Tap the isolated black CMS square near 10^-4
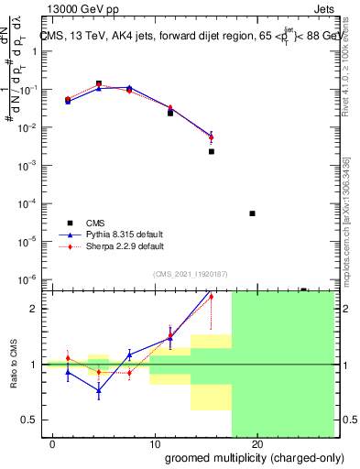click(x=253, y=213)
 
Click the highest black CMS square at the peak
click(x=99, y=83)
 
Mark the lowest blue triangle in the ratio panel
click(x=99, y=390)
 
